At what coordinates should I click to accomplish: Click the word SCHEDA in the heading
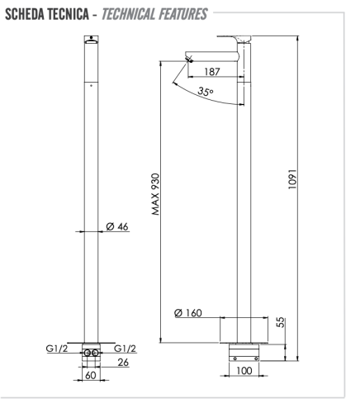pos(24,14)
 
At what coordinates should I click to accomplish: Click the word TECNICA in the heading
pos(68,14)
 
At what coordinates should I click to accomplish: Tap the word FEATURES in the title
pos(182,14)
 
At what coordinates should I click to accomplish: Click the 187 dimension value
pos(212,72)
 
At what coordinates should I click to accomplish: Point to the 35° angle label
pos(206,92)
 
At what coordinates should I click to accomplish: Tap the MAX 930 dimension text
pos(155,194)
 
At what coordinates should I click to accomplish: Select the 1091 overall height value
pos(292,179)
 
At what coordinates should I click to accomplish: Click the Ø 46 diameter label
pos(117,226)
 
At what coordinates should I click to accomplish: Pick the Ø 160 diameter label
pos(188,313)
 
